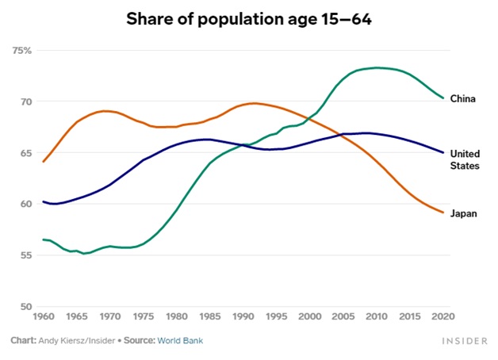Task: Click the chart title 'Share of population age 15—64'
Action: [249, 18]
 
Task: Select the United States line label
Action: [465, 159]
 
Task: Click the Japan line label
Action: [463, 213]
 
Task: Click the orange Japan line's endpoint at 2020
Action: [443, 213]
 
